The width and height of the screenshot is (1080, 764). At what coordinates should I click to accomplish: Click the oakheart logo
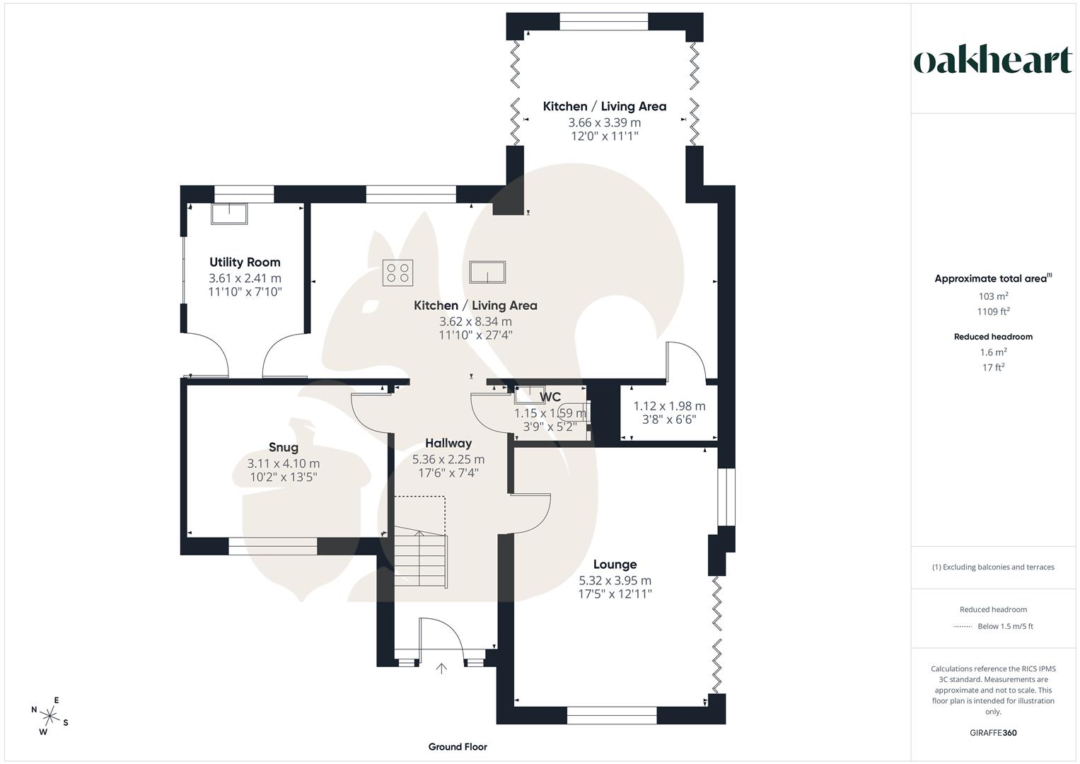click(993, 60)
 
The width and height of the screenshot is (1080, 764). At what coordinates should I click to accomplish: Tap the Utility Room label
click(245, 262)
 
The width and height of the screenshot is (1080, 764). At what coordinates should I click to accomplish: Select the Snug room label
click(283, 447)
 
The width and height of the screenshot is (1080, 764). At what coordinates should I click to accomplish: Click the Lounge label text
click(615, 565)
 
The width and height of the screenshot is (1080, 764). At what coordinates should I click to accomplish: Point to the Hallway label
click(448, 444)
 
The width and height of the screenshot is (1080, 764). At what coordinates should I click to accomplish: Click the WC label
click(550, 398)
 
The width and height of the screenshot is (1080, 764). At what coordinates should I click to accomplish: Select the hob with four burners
click(397, 272)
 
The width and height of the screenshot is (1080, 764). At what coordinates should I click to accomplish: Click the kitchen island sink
click(488, 272)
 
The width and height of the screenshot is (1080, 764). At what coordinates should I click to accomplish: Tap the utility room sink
click(229, 214)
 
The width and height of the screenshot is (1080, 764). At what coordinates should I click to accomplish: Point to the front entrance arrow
click(442, 668)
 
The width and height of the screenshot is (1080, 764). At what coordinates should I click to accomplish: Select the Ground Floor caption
click(458, 747)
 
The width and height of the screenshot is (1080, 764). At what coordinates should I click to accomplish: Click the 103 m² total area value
click(993, 296)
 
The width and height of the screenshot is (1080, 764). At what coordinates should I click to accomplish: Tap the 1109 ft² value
click(993, 311)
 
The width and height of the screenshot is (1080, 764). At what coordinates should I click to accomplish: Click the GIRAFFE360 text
click(993, 733)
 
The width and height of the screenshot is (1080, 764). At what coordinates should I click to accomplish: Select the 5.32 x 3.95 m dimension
click(615, 581)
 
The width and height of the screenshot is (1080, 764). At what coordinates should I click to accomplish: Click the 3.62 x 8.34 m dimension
click(475, 322)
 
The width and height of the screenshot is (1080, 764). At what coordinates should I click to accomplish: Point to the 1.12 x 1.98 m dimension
click(669, 406)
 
